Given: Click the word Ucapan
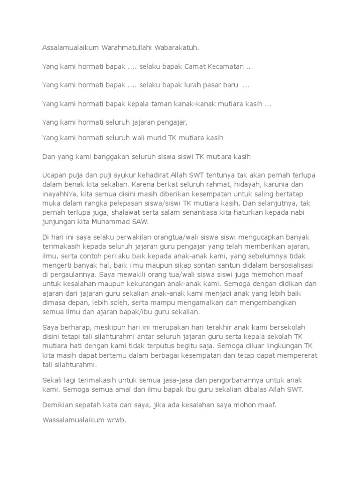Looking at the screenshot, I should coord(55,175).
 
